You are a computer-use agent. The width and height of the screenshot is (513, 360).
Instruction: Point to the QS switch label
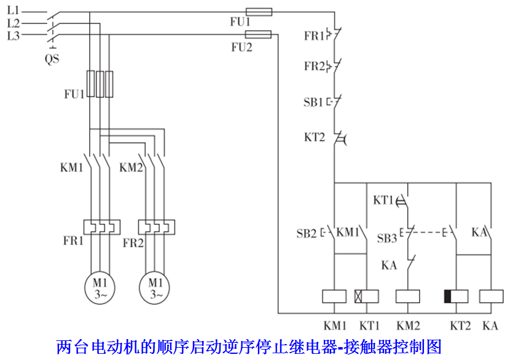coord(52,60)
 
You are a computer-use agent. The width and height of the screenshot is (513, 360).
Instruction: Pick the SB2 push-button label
coord(306,233)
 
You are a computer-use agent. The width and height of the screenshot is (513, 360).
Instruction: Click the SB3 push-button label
coord(386,238)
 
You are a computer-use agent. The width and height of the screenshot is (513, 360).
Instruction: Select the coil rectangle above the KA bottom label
coord(490,295)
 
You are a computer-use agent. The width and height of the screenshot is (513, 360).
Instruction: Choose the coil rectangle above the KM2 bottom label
coord(407,295)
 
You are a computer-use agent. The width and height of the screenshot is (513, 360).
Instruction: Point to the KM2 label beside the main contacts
coord(131,167)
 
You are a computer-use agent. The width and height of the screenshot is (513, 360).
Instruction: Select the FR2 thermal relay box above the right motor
coord(157,227)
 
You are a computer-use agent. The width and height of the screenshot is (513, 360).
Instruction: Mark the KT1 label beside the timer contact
coord(383,200)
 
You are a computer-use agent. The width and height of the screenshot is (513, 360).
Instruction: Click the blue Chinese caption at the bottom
coord(249,346)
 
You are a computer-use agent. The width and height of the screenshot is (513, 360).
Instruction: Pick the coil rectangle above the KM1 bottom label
coord(335,295)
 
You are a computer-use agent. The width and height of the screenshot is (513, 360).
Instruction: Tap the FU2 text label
coord(241,47)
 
